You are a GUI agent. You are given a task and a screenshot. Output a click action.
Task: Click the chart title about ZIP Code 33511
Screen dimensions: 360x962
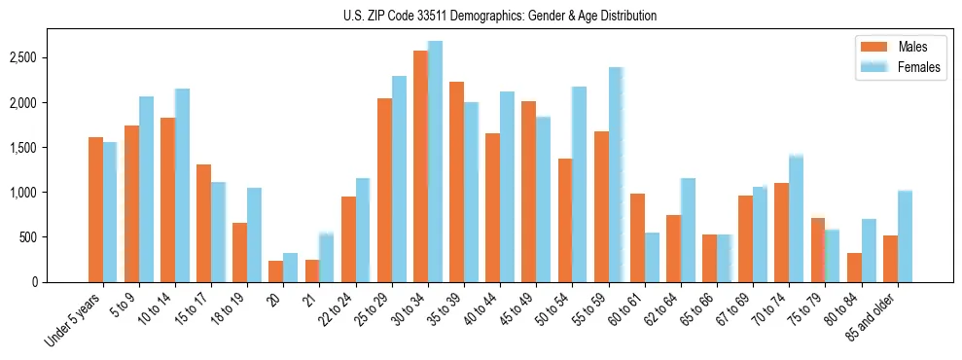[500, 16]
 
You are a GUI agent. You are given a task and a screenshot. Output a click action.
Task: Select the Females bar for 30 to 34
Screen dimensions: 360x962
[435, 162]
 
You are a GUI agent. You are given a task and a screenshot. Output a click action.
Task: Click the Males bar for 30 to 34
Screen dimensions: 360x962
[420, 166]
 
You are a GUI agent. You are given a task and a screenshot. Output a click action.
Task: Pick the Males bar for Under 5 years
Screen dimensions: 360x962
[95, 209]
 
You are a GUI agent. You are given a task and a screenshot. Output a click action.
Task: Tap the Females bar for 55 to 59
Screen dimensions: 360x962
[616, 175]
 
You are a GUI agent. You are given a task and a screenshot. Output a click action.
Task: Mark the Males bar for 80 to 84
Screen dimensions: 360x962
[854, 268]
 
